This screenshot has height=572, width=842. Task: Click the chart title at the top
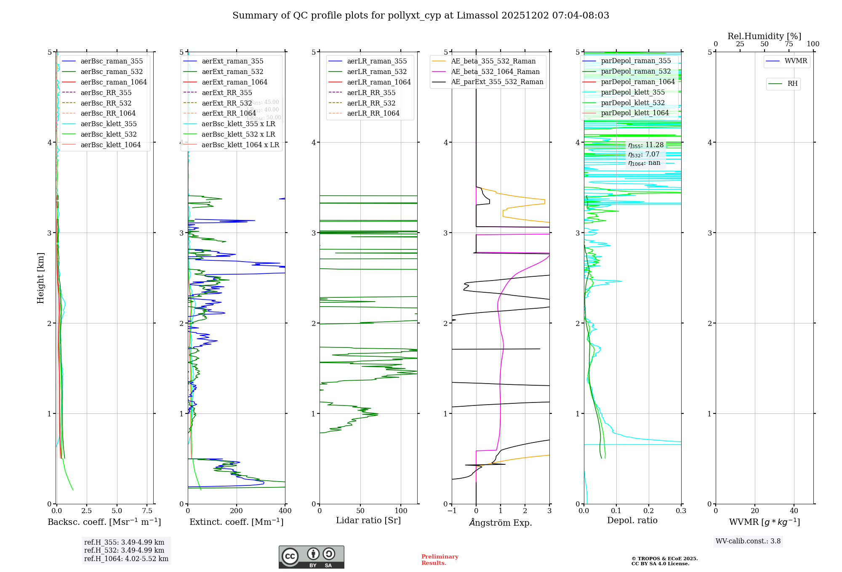(x=421, y=16)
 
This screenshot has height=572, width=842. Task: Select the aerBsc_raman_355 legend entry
(x=112, y=61)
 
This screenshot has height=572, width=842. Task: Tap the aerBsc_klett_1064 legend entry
(x=110, y=145)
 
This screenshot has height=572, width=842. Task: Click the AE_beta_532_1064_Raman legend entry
(x=495, y=72)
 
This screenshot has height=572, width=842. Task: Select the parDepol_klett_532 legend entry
(x=632, y=103)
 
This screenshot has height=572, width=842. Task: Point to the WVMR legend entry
(x=796, y=61)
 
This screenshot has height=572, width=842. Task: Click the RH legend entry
(x=792, y=84)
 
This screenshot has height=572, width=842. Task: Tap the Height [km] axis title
(x=40, y=278)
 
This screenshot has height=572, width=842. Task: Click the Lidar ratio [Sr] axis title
(x=368, y=520)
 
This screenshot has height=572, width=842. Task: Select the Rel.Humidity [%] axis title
(x=764, y=36)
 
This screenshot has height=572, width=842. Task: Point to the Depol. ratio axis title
(x=632, y=520)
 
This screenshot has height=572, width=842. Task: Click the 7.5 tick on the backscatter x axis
(x=147, y=511)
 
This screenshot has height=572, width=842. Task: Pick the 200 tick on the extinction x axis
(x=237, y=511)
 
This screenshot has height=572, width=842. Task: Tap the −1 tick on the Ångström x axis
(x=452, y=511)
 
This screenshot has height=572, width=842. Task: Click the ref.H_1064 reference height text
(x=126, y=559)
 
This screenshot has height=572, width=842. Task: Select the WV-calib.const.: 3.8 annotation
(x=748, y=541)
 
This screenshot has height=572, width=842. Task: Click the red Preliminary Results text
(x=440, y=559)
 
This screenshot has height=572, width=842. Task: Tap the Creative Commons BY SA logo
(x=311, y=557)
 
